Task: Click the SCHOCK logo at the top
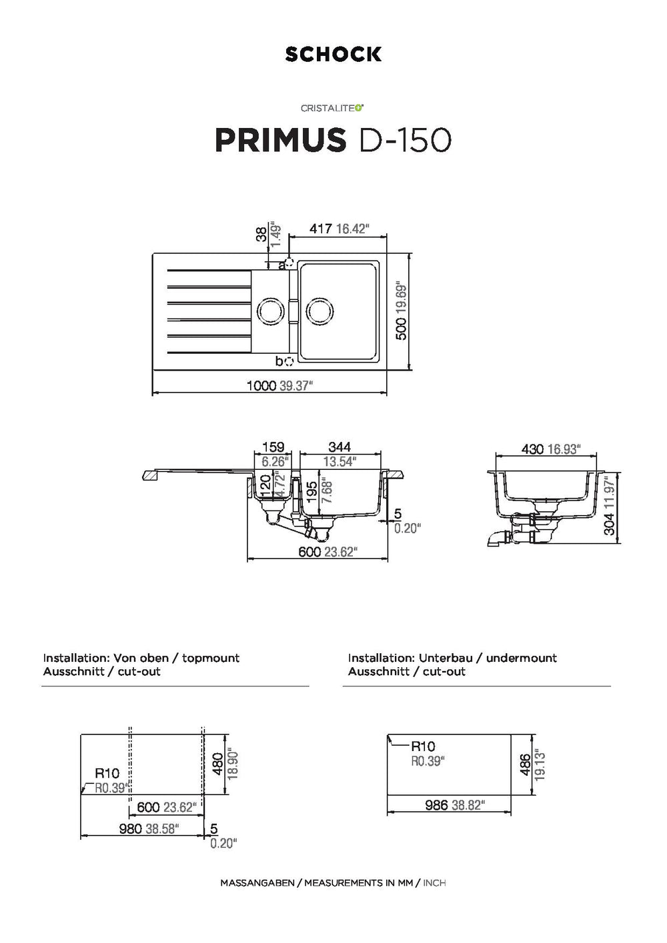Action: click(333, 54)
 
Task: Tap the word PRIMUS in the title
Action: click(280, 140)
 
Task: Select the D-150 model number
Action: click(404, 140)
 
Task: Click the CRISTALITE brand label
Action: click(332, 108)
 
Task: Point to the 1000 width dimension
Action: click(261, 386)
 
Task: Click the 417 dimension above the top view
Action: click(320, 229)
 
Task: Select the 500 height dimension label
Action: click(402, 329)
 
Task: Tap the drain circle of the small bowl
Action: click(270, 311)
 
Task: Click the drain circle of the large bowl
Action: click(319, 312)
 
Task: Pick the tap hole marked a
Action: click(289, 263)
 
